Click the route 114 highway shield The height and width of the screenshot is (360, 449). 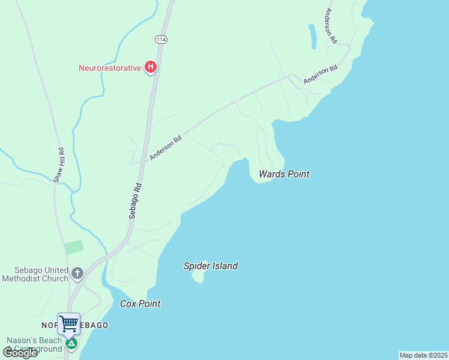160,39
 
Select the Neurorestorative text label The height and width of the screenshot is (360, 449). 110,68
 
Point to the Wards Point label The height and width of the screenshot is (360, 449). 284,174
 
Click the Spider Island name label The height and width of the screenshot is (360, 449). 211,266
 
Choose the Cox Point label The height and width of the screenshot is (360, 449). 140,304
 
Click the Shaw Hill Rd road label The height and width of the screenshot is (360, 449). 59,164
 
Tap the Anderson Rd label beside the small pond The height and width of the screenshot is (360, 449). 330,26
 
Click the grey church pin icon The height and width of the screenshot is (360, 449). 77,274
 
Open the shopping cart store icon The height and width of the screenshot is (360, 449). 68,323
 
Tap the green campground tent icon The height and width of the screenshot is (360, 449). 71,344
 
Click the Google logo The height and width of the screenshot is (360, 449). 19,353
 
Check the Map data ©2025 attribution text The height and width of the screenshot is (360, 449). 423,355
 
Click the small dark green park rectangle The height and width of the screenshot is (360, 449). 74,247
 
